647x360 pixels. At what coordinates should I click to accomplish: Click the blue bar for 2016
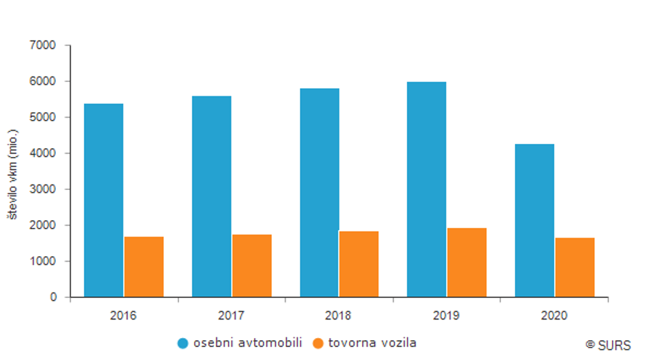(x=103, y=200)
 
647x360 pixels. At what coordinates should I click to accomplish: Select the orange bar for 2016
(x=144, y=267)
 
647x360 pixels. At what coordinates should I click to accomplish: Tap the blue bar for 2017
(x=211, y=197)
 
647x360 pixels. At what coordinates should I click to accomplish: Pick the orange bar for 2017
(x=252, y=266)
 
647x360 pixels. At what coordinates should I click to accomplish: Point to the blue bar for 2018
(x=319, y=193)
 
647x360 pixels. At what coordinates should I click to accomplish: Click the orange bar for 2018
(x=359, y=264)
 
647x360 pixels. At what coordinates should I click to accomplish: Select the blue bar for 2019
(x=427, y=189)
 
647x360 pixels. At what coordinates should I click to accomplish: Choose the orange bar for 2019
(x=467, y=262)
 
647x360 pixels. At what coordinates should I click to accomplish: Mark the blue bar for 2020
(x=534, y=220)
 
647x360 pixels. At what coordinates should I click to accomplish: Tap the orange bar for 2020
(x=575, y=267)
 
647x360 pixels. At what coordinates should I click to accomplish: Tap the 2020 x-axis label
(x=554, y=316)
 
